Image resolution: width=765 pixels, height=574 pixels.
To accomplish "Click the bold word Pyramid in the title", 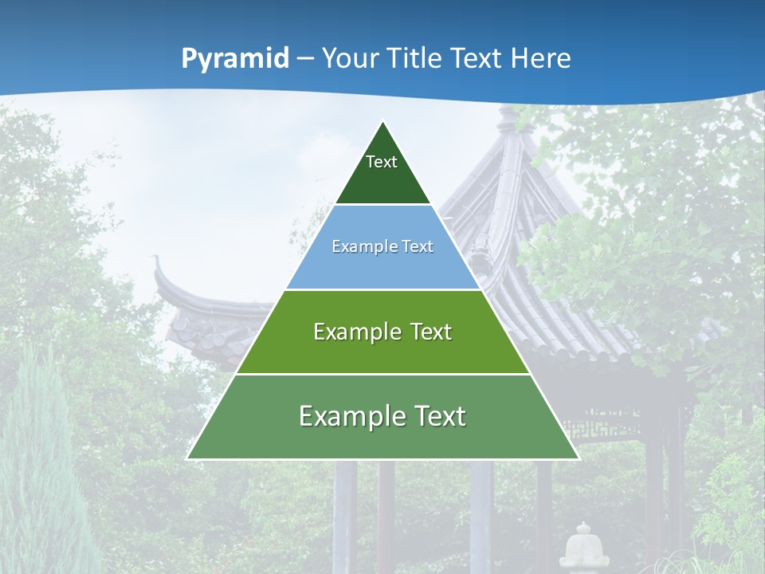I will coord(235,58).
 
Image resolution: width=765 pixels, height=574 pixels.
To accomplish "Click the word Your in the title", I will coord(350,58).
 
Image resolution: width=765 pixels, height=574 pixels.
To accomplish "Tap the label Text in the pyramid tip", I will coord(382,162).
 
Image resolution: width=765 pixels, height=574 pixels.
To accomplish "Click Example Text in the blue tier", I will coord(382,246).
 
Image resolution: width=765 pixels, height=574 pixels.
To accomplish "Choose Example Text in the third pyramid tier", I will coord(382,332).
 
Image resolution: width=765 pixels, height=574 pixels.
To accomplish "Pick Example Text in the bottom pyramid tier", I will coord(382,416).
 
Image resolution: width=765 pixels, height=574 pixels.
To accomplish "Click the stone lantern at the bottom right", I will coord(583,546).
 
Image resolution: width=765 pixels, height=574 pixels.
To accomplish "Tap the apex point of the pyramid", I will coord(383,122).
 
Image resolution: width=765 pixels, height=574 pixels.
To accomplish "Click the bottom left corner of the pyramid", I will coord(188,458).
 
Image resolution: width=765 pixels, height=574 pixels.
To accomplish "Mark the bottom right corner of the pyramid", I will coord(578,458).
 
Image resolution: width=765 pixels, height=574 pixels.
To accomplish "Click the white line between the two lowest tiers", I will coord(382,374).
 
